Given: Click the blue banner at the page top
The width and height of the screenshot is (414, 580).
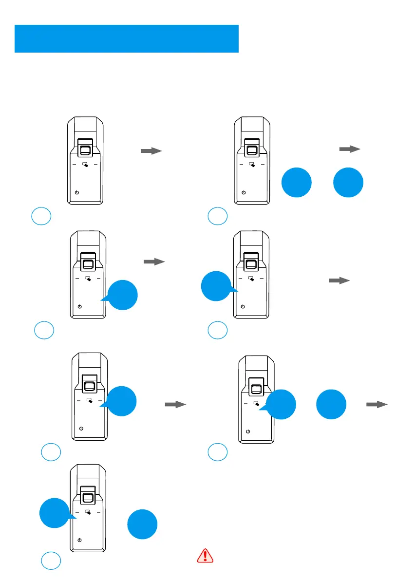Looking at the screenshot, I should click(127, 38).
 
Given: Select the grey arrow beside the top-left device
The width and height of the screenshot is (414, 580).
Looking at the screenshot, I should click(151, 151).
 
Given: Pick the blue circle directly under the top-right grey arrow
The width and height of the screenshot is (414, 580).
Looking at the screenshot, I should click(348, 182).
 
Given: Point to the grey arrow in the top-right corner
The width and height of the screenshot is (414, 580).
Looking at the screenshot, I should click(349, 149).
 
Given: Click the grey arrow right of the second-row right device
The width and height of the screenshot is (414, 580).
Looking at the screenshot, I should click(339, 281).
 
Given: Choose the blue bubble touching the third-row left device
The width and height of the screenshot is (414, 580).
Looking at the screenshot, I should click(122, 401).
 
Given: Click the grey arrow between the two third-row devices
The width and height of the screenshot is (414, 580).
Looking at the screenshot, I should click(176, 404).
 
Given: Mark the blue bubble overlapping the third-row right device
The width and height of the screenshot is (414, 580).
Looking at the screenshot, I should click(281, 404).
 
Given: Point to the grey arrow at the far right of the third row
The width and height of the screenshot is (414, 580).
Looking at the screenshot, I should click(377, 404).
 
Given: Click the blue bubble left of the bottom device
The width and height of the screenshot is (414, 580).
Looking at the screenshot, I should click(54, 513).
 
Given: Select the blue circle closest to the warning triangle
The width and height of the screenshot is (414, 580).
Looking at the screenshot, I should click(142, 524).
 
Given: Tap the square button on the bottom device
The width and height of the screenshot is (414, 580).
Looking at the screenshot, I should click(88, 497).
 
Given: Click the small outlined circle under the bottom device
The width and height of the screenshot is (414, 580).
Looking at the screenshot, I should click(51, 561).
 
